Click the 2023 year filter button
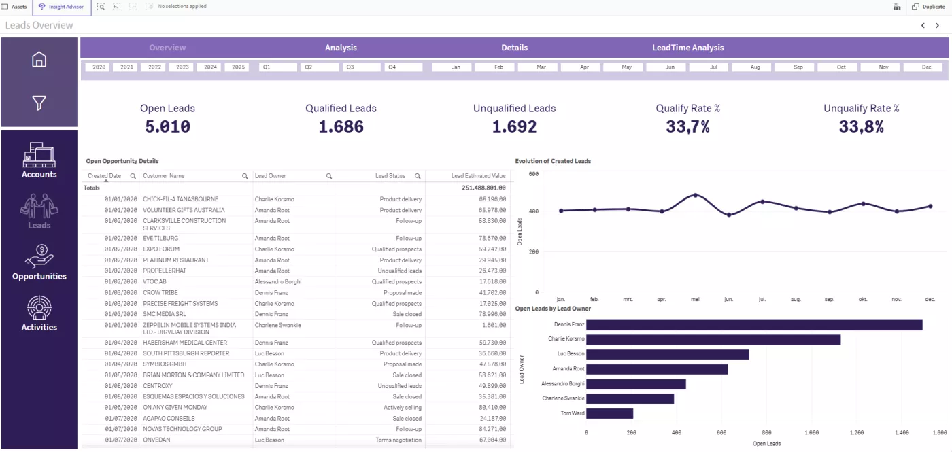[182, 67]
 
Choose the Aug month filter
[755, 67]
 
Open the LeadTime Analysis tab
[687, 48]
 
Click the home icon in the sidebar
[39, 60]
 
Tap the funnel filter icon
[39, 103]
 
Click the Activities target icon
[39, 308]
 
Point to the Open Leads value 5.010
[167, 126]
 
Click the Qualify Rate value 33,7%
[687, 126]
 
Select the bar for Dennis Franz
[753, 325]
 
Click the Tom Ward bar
[609, 413]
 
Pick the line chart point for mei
[695, 195]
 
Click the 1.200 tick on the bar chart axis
[856, 432]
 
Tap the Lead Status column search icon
[418, 176]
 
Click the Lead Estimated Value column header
[478, 176]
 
